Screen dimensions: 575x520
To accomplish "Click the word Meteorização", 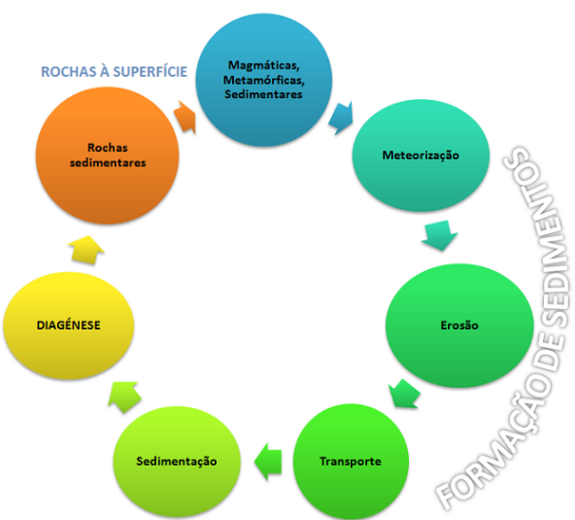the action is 421,156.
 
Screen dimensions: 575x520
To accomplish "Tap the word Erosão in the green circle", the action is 459,326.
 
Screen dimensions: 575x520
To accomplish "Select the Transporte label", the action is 351,462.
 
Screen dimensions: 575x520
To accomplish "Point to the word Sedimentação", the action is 177,462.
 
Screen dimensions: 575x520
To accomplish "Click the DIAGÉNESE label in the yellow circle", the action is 69,326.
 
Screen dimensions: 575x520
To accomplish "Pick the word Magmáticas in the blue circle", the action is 263,65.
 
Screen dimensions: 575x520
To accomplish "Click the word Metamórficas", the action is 263,80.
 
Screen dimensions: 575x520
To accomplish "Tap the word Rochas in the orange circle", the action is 108,148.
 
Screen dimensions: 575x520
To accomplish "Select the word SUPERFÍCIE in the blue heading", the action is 151,72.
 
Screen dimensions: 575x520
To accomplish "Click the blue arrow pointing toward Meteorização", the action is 342,118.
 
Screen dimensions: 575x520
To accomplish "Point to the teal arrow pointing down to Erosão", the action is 439,235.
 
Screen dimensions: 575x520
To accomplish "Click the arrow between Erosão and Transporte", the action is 404,394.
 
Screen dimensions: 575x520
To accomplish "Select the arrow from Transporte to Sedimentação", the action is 268,462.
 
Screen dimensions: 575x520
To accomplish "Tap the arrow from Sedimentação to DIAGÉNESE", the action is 124,397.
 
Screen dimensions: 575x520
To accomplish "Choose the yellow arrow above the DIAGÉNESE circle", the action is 86,250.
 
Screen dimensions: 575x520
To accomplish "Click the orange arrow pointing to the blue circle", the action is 185,117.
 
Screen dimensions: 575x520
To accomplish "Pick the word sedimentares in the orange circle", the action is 108,162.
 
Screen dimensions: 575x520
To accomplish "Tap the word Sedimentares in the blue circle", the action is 263,94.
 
